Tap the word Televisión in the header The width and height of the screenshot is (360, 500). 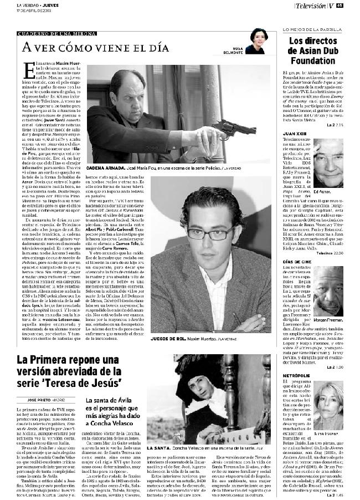point(310,6)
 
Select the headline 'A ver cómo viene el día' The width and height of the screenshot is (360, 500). point(91,48)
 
